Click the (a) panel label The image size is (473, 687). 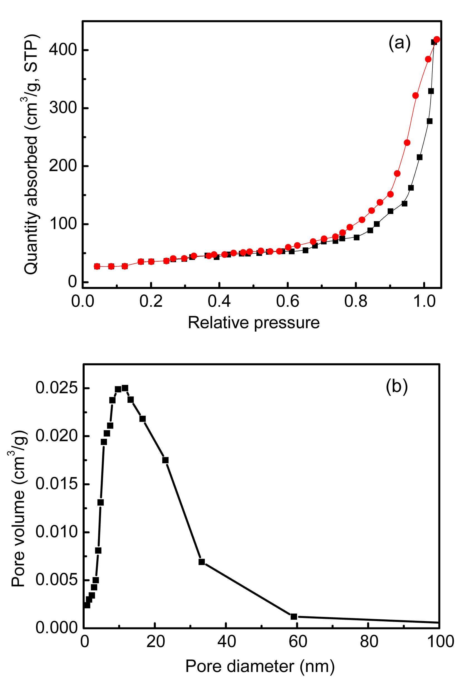399,43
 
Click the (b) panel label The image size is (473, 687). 397,387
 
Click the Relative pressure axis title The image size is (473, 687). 254,323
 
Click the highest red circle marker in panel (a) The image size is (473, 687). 437,40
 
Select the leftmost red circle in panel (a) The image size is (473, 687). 97,266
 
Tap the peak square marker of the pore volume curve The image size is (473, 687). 125,388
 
